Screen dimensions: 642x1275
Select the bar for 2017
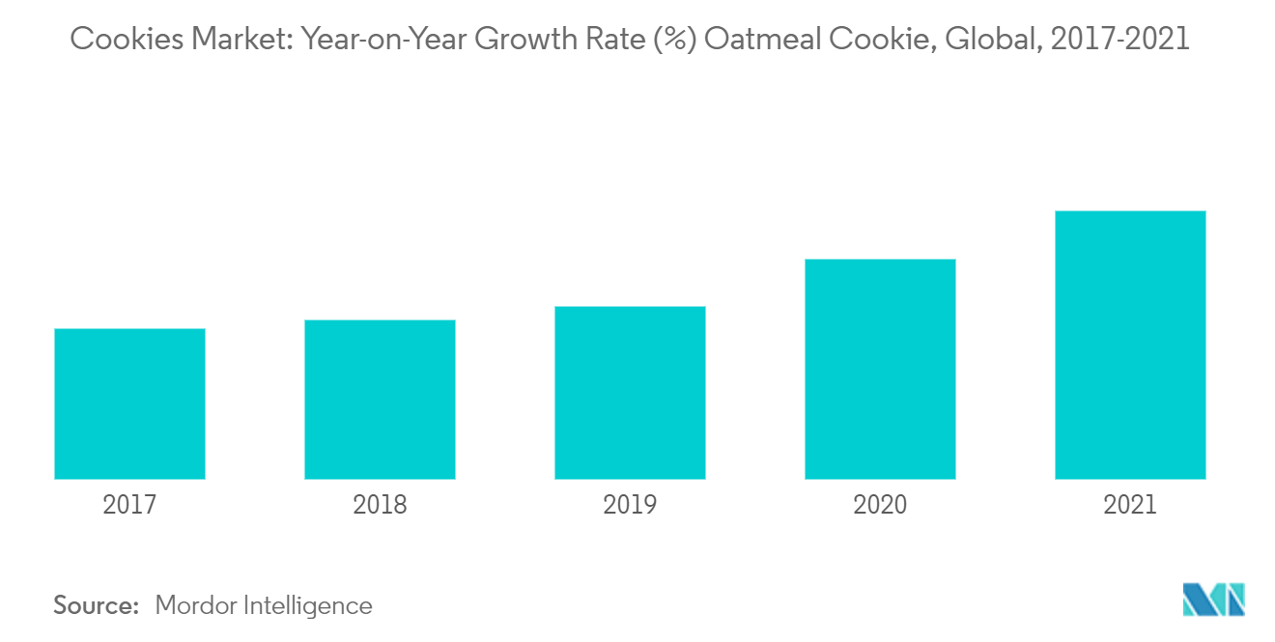coord(129,404)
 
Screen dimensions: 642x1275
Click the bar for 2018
coord(380,400)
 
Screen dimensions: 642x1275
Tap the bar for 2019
coord(630,393)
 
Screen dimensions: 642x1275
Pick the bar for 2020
coord(880,369)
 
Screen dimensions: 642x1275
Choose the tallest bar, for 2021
coord(1130,345)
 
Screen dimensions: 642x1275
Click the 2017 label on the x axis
coord(129,504)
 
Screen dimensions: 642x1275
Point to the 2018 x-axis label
coord(380,504)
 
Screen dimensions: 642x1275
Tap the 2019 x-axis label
coord(630,504)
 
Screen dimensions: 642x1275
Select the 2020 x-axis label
coord(880,504)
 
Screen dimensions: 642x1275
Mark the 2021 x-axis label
coord(1130,504)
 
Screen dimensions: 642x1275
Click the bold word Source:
coord(97,605)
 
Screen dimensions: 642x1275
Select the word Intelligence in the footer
coord(310,605)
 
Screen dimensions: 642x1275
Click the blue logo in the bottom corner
coord(1214,600)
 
